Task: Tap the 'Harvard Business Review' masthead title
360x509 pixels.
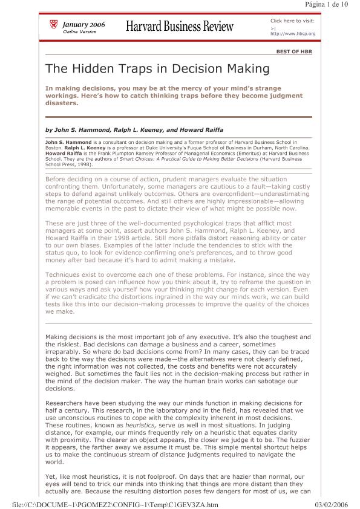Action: point(179,26)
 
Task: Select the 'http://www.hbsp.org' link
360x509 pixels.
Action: point(293,33)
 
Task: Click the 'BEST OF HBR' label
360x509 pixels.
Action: point(294,52)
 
